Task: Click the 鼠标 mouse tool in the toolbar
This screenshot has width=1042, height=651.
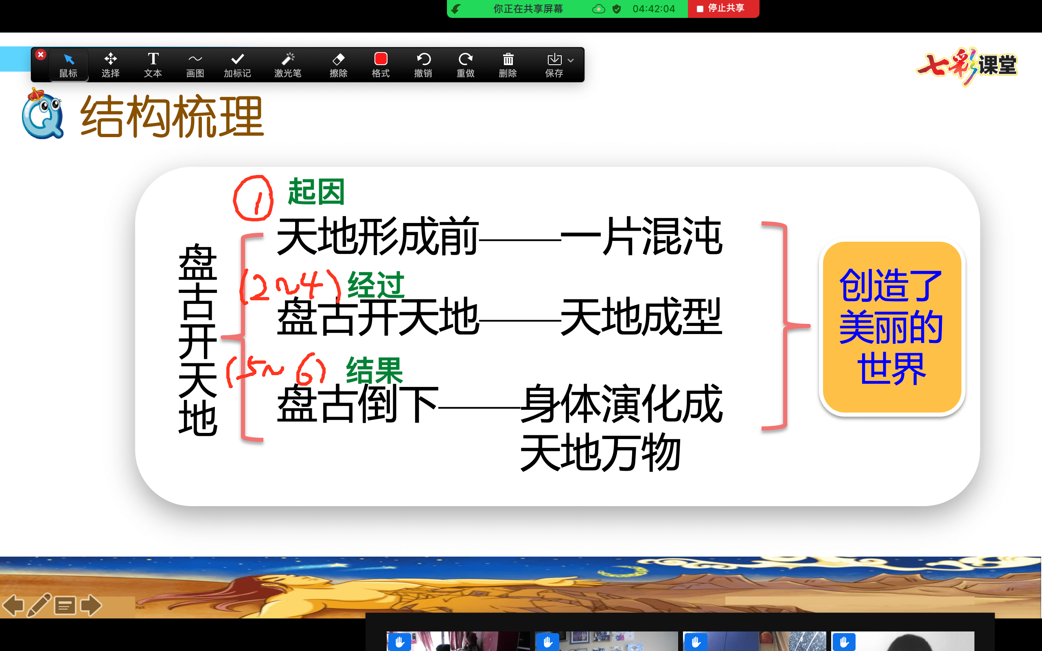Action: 68,65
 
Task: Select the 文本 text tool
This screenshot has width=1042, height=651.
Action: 153,65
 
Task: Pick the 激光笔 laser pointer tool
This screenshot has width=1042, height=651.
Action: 288,65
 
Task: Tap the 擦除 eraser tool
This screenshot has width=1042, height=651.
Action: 338,65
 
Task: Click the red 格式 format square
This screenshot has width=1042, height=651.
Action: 381,59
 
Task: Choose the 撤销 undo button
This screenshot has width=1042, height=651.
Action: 423,65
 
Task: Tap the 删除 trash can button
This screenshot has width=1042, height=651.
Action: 508,65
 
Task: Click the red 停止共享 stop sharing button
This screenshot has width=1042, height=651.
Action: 723,9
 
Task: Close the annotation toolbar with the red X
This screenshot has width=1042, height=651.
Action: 40,55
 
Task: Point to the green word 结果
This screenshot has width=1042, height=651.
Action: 374,370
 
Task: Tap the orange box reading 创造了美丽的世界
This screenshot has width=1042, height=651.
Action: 892,327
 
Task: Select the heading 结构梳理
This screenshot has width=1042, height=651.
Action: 172,116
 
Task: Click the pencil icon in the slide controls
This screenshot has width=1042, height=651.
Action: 39,605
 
